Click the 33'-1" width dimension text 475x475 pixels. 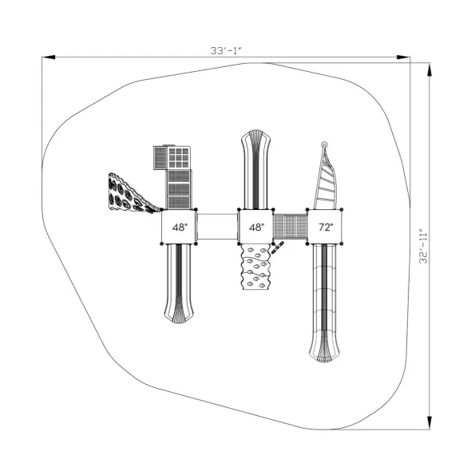pos(226,50)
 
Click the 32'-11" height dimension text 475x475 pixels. pos(423,247)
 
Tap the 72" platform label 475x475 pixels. pos(326,227)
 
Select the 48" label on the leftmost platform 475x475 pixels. pos(180,227)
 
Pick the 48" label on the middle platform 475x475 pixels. pos(256,227)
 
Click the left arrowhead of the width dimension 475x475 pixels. pos(49,57)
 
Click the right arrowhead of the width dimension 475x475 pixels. pos(403,57)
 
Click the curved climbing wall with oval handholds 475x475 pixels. pos(130,194)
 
